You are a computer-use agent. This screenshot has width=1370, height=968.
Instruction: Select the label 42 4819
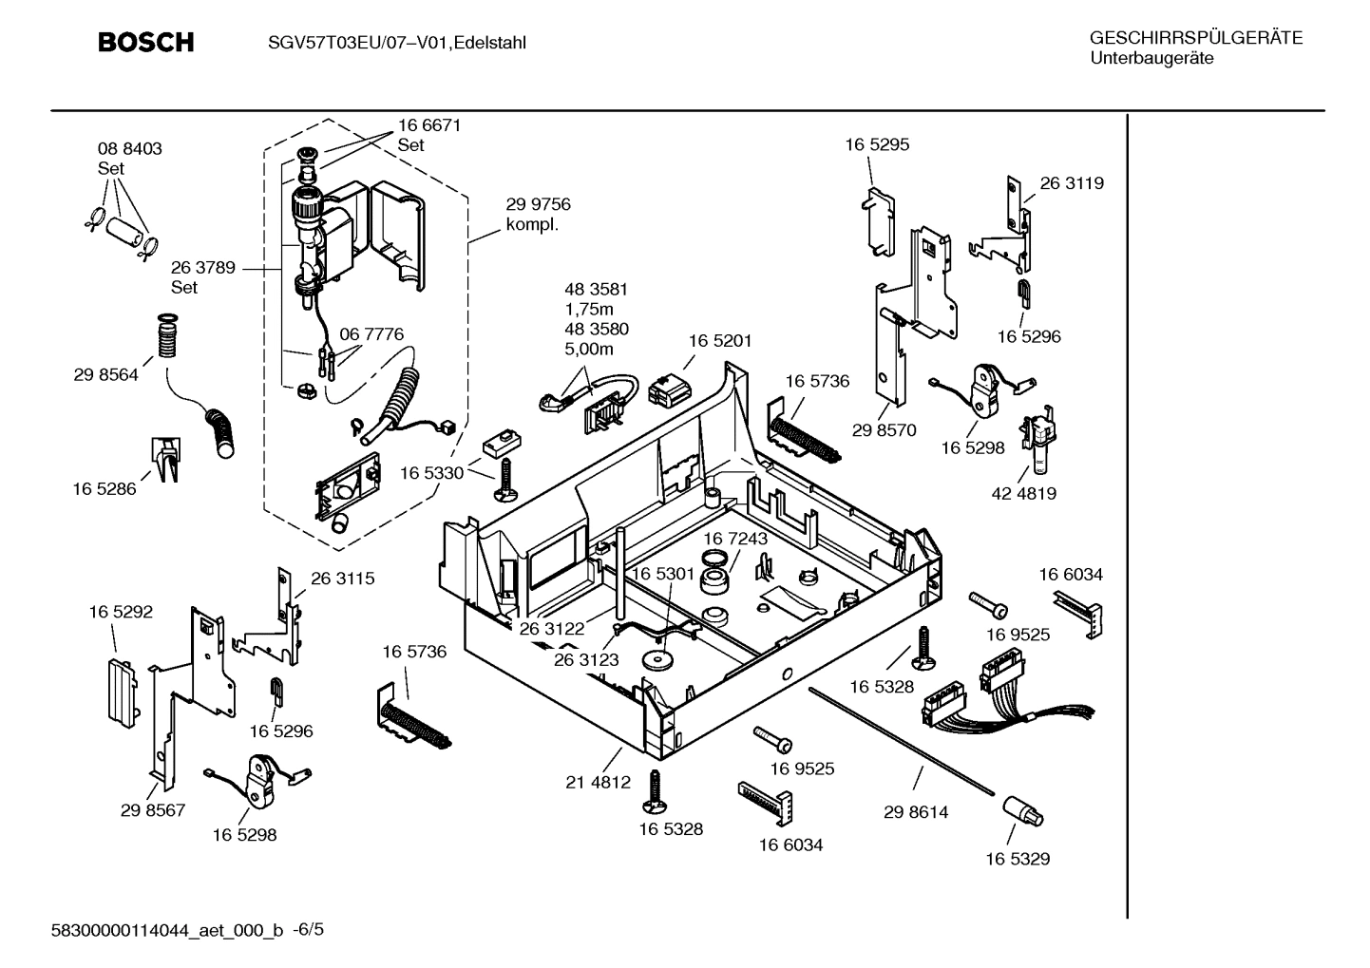pos(1023,493)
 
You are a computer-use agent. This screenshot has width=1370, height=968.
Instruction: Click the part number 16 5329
pos(1017,859)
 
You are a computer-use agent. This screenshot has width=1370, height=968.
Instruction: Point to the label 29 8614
pos(915,812)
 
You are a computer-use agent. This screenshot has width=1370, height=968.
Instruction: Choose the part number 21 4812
pos(598,782)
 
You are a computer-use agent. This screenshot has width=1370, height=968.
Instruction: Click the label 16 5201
pos(719,340)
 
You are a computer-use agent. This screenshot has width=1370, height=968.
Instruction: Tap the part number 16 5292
pos(121,613)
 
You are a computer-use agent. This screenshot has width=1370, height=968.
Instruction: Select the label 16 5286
pos(104,488)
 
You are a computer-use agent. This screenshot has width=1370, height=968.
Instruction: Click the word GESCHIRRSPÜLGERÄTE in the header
pos(1195,38)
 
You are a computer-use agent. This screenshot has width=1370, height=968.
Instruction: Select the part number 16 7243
pos(735,539)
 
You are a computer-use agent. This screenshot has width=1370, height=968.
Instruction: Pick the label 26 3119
pos(1072,183)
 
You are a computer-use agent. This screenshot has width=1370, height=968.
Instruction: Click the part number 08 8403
pos(129,149)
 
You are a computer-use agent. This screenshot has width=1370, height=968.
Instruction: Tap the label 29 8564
pos(105,374)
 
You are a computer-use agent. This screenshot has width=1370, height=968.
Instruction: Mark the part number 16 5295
pos(877,144)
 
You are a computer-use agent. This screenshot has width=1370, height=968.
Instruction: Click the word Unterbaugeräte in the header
pos(1151,58)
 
